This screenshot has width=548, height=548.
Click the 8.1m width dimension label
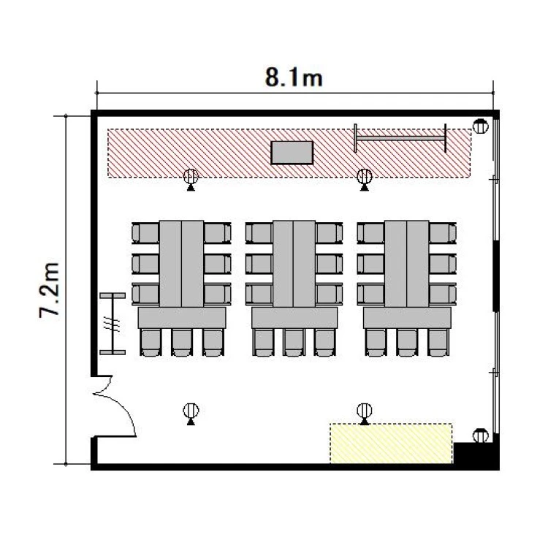(294, 77)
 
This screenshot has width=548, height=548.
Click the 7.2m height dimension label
(49, 290)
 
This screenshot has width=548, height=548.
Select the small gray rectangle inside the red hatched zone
(292, 153)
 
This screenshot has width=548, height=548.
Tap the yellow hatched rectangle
(391, 444)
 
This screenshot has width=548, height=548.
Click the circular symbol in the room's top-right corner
(481, 126)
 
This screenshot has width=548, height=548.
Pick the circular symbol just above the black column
(481, 435)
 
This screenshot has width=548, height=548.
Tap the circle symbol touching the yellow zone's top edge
(365, 414)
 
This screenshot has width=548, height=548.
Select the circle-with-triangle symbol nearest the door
(191, 414)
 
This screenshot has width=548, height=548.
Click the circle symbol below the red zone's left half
(191, 179)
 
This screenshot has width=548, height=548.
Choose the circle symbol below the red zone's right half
(365, 179)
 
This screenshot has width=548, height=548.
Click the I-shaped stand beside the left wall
(113, 324)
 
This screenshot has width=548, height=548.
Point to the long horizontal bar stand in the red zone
(400, 138)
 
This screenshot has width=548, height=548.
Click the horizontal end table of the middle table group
(294, 318)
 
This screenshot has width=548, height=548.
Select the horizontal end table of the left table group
(182, 318)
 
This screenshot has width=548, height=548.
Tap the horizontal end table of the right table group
(407, 318)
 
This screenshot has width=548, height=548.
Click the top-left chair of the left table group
(145, 233)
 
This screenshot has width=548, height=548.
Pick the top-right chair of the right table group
(443, 233)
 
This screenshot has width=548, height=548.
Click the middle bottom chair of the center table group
(294, 343)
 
